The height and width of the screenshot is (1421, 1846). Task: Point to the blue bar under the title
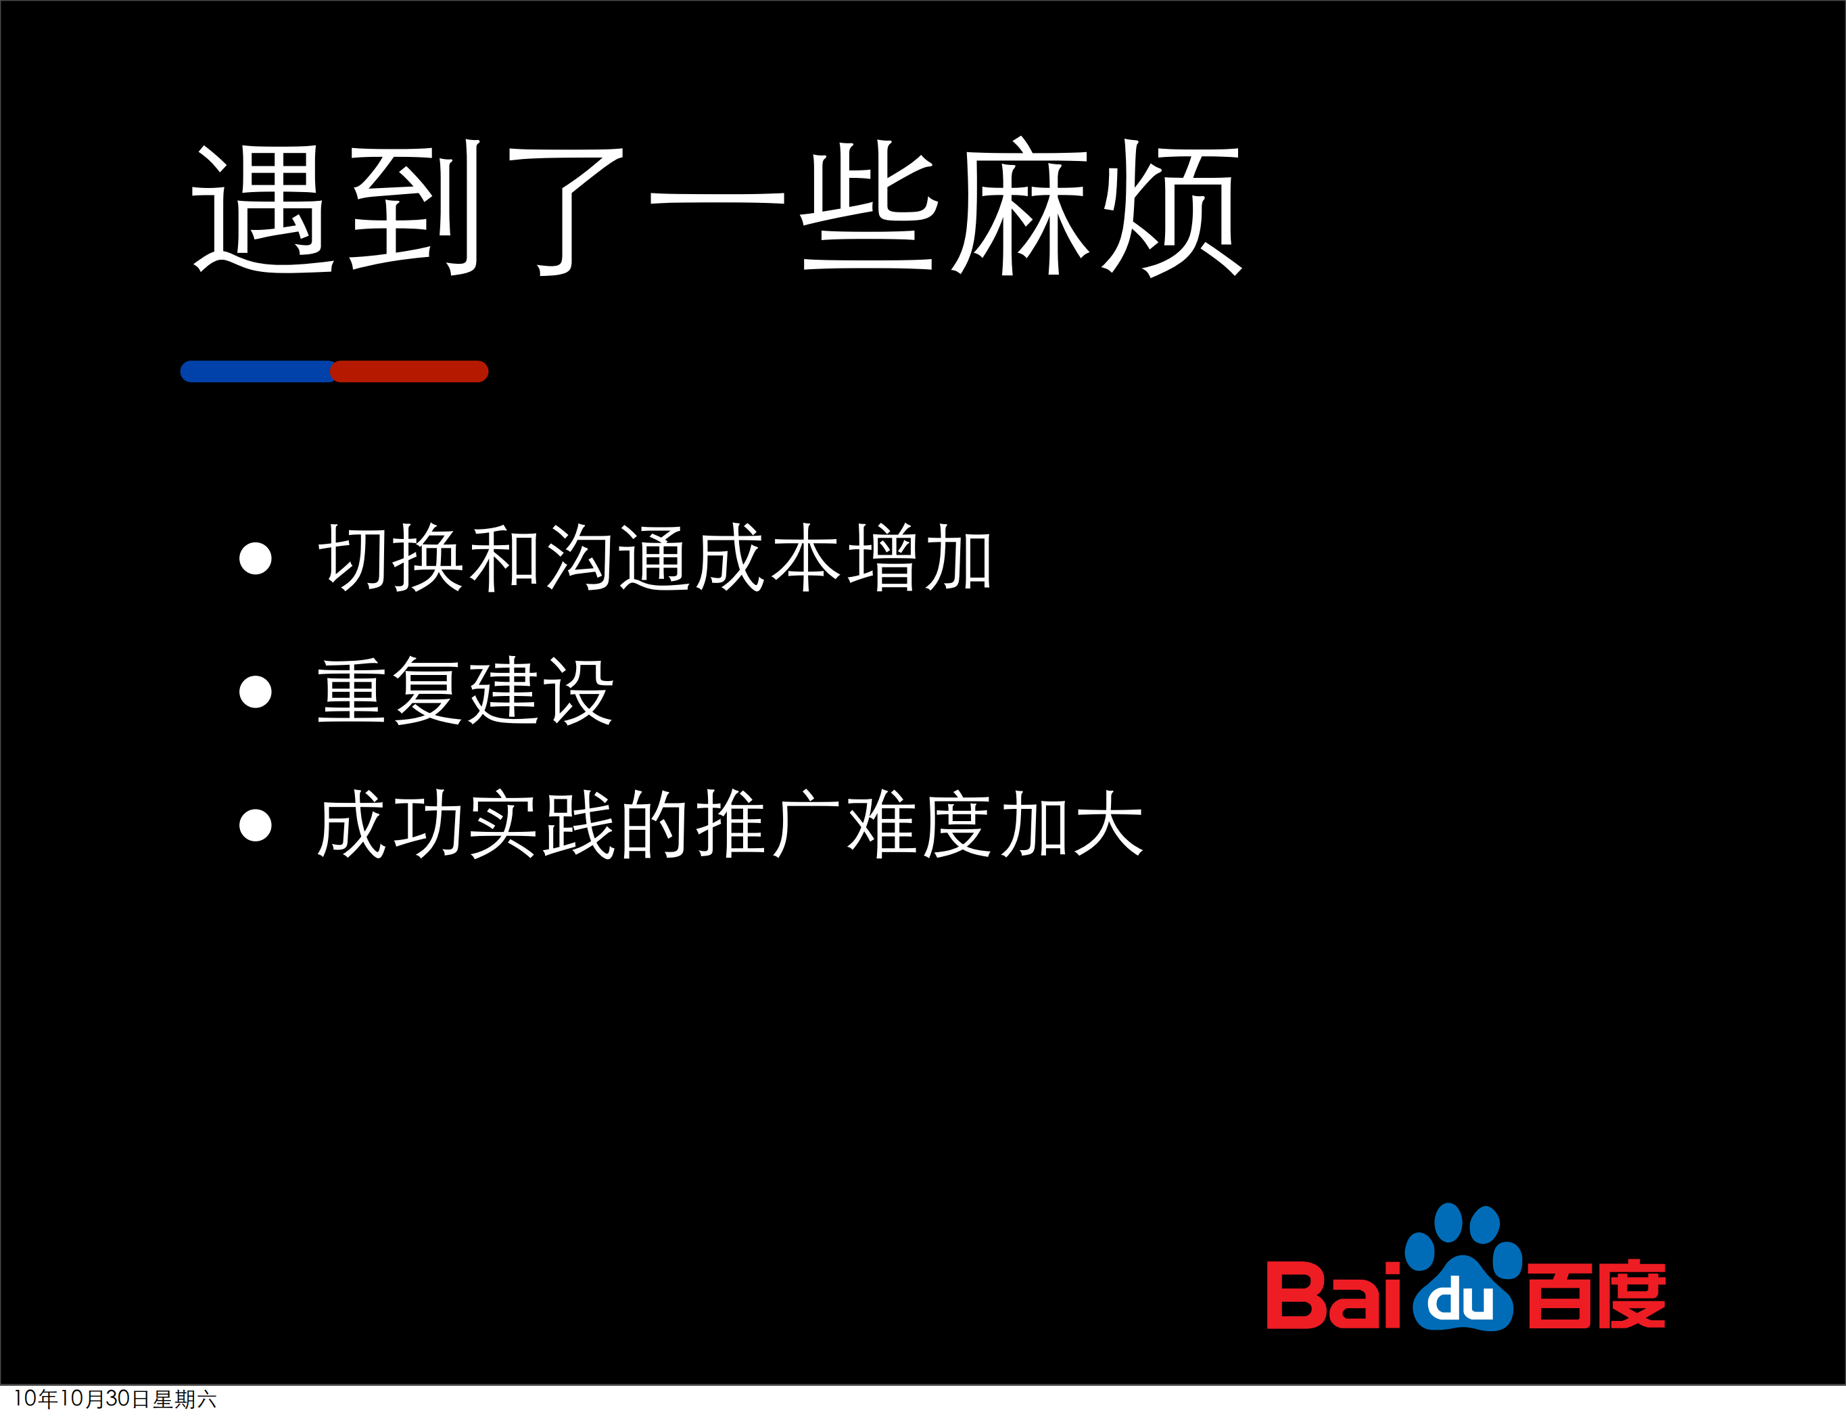pos(257,371)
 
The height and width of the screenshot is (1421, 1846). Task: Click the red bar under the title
pos(410,371)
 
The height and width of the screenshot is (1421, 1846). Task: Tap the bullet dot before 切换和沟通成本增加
pos(256,558)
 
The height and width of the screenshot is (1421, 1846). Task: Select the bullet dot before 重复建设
pos(256,691)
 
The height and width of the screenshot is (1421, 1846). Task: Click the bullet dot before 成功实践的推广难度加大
pos(256,825)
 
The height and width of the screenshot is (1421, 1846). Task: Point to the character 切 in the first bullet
pos(353,557)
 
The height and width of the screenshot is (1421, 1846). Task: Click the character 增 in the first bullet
pos(882,557)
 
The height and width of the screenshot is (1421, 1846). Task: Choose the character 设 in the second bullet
pos(579,691)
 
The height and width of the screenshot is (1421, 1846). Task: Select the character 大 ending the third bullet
pos(1108,824)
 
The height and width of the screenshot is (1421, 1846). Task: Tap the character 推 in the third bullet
pos(730,824)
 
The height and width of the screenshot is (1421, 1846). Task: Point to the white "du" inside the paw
pos(1460,1300)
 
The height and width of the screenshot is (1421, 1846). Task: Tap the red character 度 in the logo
pos(1631,1295)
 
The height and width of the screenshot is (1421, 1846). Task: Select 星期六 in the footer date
pos(184,1399)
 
